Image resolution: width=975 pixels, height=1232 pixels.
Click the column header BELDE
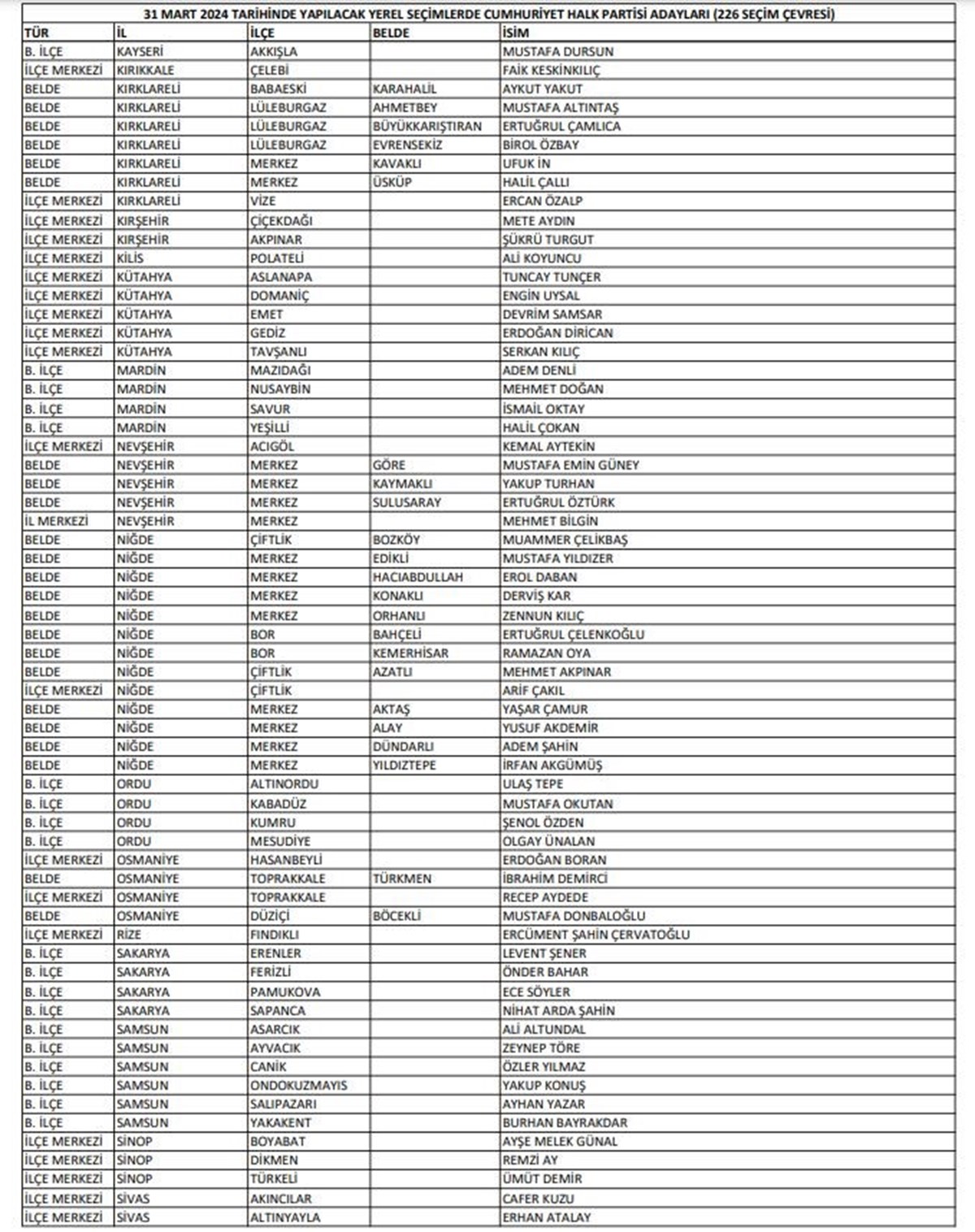[x=391, y=33]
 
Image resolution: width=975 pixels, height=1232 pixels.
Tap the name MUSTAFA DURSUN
[x=557, y=51]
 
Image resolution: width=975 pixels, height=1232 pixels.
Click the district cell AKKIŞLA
[x=274, y=51]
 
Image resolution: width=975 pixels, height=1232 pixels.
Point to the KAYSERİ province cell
[x=140, y=51]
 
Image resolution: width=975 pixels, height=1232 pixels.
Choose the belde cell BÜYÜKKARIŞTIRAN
[x=427, y=126]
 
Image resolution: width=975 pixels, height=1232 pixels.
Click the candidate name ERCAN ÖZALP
[x=542, y=201]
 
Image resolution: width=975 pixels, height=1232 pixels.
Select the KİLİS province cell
[x=130, y=258]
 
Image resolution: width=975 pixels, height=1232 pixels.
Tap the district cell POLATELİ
[x=276, y=258]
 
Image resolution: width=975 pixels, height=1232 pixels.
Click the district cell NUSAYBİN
[x=279, y=388]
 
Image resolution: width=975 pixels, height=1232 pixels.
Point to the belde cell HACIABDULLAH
[x=418, y=577]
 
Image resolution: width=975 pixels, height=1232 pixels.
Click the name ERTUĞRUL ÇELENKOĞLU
[x=573, y=634]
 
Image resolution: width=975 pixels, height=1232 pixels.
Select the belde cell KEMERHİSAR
[x=410, y=653]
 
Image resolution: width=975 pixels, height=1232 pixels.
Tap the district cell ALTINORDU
[x=284, y=784]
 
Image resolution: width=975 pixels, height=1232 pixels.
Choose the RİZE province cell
[x=128, y=935]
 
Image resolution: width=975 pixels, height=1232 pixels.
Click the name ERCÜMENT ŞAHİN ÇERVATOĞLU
[x=596, y=935]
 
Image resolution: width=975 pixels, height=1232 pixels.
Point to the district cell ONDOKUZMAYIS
[x=298, y=1085]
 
